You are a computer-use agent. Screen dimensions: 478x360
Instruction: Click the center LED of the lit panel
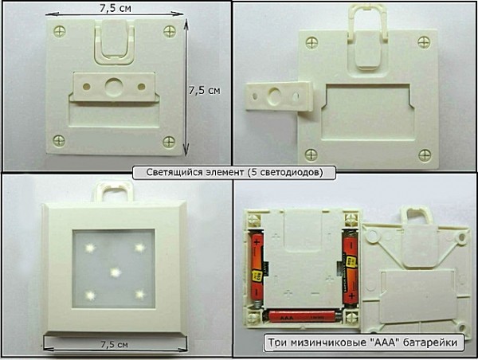[116, 272]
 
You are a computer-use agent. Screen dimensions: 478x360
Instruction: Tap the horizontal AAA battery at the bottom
[301, 317]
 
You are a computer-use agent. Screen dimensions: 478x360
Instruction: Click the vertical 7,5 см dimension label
[204, 91]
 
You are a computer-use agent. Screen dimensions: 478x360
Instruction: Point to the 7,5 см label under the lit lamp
[114, 345]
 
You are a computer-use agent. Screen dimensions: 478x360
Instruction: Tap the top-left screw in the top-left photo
[60, 31]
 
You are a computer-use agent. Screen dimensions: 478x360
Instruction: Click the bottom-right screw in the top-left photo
[169, 142]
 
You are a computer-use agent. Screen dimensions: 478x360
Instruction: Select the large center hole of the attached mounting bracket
[113, 87]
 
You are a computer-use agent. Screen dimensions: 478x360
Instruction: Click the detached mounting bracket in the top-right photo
[280, 96]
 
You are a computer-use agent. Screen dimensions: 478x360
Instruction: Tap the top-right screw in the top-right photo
[424, 42]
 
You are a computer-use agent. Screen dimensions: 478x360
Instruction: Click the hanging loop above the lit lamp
[113, 191]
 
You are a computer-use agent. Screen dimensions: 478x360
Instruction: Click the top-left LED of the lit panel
[90, 248]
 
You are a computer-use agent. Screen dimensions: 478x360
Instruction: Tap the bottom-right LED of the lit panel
[140, 295]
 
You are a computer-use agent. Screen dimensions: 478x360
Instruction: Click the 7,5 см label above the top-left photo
[116, 8]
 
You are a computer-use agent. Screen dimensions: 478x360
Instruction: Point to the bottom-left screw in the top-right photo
[311, 155]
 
